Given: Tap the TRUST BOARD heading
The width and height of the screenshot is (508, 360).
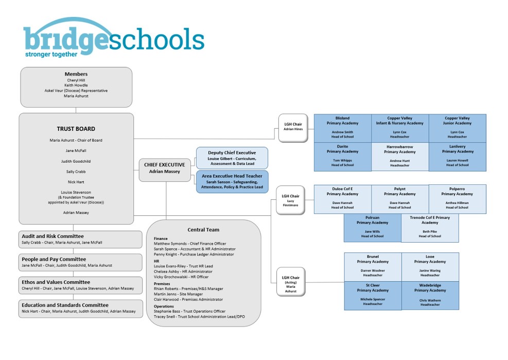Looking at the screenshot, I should coord(76,129).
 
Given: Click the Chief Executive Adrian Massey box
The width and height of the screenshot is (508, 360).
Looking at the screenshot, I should coord(165,168).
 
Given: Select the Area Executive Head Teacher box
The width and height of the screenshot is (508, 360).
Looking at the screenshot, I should coord(232,181).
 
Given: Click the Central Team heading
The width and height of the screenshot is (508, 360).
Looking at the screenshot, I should coord(203,229).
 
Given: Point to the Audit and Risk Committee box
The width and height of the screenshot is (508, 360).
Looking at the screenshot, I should coord(81,239).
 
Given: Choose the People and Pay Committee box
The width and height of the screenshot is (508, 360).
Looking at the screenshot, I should coord(81,262).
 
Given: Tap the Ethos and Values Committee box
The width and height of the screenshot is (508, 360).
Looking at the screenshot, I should coord(81,285).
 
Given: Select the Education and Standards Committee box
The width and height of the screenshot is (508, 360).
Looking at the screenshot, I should coord(81,308).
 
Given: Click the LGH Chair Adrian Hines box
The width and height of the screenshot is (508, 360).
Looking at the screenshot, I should coord(293,127).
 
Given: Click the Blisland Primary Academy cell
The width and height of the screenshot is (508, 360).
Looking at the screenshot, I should coord(342,128).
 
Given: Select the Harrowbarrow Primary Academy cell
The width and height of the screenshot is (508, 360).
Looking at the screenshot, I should coord(400,157).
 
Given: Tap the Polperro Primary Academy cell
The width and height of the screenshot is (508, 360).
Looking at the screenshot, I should coord(457,199).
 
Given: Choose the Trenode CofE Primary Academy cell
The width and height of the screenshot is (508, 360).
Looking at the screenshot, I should coord(430,228).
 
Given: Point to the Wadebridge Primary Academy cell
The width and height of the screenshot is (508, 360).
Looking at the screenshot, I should coord(430,295).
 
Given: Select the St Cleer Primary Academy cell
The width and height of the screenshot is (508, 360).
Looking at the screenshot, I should coord(373,295).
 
